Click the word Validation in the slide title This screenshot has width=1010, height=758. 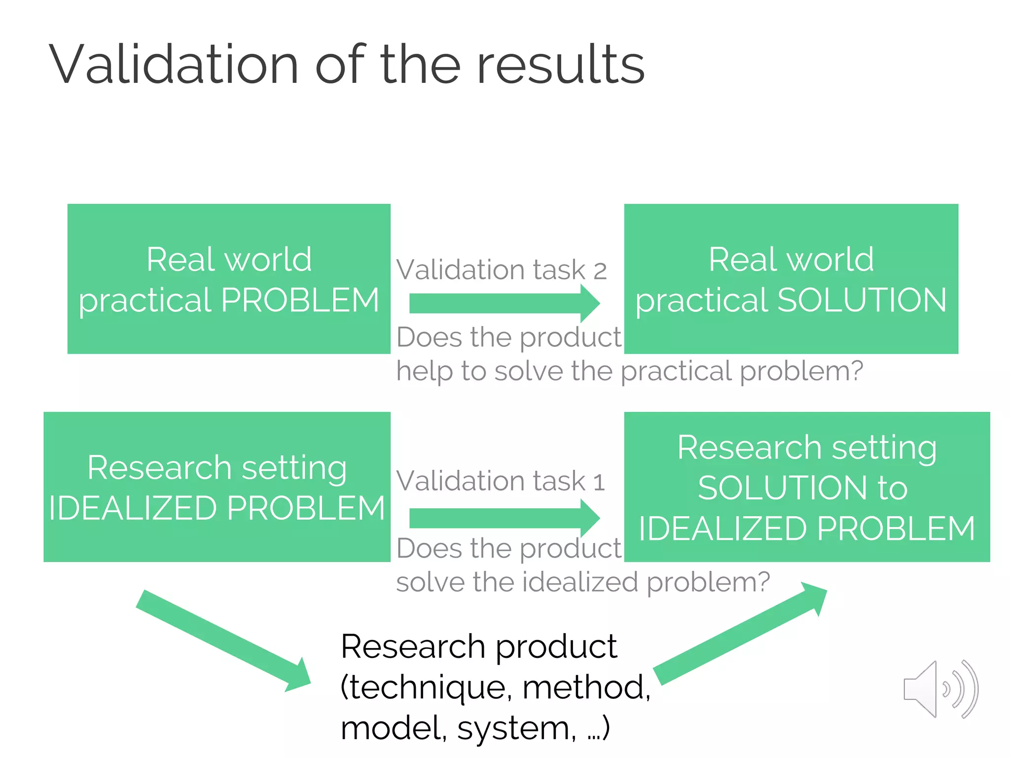(x=174, y=65)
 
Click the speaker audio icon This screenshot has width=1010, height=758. (x=940, y=689)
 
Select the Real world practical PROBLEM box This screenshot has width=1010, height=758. (x=229, y=278)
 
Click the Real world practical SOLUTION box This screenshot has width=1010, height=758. (x=791, y=278)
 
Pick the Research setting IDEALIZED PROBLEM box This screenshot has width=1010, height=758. (x=217, y=487)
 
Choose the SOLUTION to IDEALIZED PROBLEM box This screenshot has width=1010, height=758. (x=807, y=487)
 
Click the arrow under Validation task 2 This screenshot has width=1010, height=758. (x=504, y=303)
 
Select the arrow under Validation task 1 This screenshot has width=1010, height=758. (x=504, y=518)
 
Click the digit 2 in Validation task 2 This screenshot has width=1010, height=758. (x=600, y=271)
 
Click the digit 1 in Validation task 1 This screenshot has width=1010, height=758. (x=599, y=482)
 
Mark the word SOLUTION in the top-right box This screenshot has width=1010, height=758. (x=862, y=300)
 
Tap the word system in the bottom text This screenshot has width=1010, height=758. (x=516, y=728)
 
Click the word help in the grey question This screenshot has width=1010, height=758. (x=424, y=371)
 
